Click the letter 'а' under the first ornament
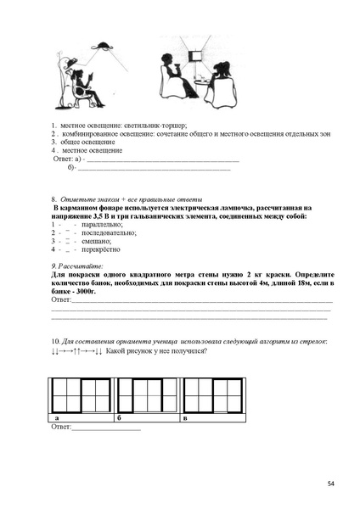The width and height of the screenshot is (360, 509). pyautogui.click(x=56, y=419)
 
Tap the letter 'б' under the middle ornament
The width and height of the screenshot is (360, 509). pyautogui.click(x=120, y=419)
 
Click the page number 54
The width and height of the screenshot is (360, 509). pyautogui.click(x=331, y=484)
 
